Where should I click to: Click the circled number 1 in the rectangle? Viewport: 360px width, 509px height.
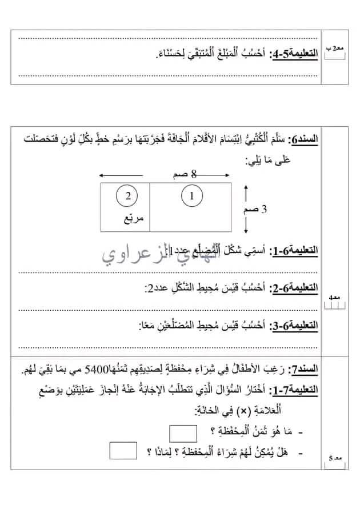[x=192, y=197]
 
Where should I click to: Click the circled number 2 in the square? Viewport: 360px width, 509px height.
[x=128, y=197]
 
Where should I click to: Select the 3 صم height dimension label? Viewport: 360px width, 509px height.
[x=265, y=209]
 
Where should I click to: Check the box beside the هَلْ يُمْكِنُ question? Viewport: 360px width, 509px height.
[x=123, y=451]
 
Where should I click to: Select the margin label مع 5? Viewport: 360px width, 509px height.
[x=335, y=458]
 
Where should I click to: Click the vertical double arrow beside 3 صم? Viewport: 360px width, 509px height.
[x=246, y=209]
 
